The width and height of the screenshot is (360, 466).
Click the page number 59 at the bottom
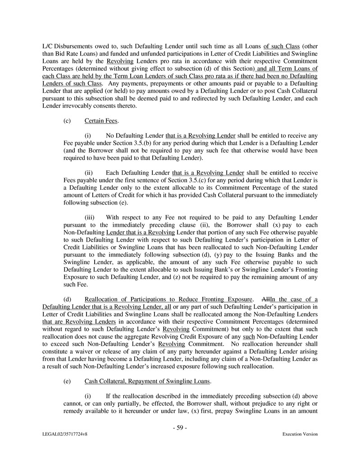[180, 428]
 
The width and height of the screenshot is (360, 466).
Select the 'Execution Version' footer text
[300, 434]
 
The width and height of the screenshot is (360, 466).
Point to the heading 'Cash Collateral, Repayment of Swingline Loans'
[147, 381]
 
